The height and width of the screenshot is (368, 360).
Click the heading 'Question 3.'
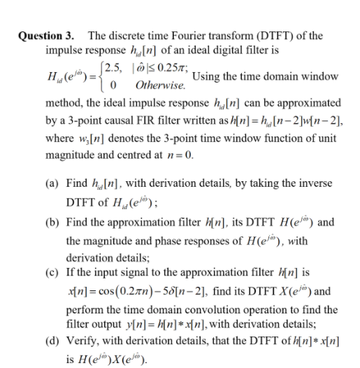click(45, 36)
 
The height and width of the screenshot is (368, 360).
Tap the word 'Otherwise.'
click(161, 86)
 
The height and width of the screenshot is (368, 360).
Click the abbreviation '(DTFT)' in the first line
click(278, 36)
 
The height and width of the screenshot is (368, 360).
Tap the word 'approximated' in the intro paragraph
click(311, 102)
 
